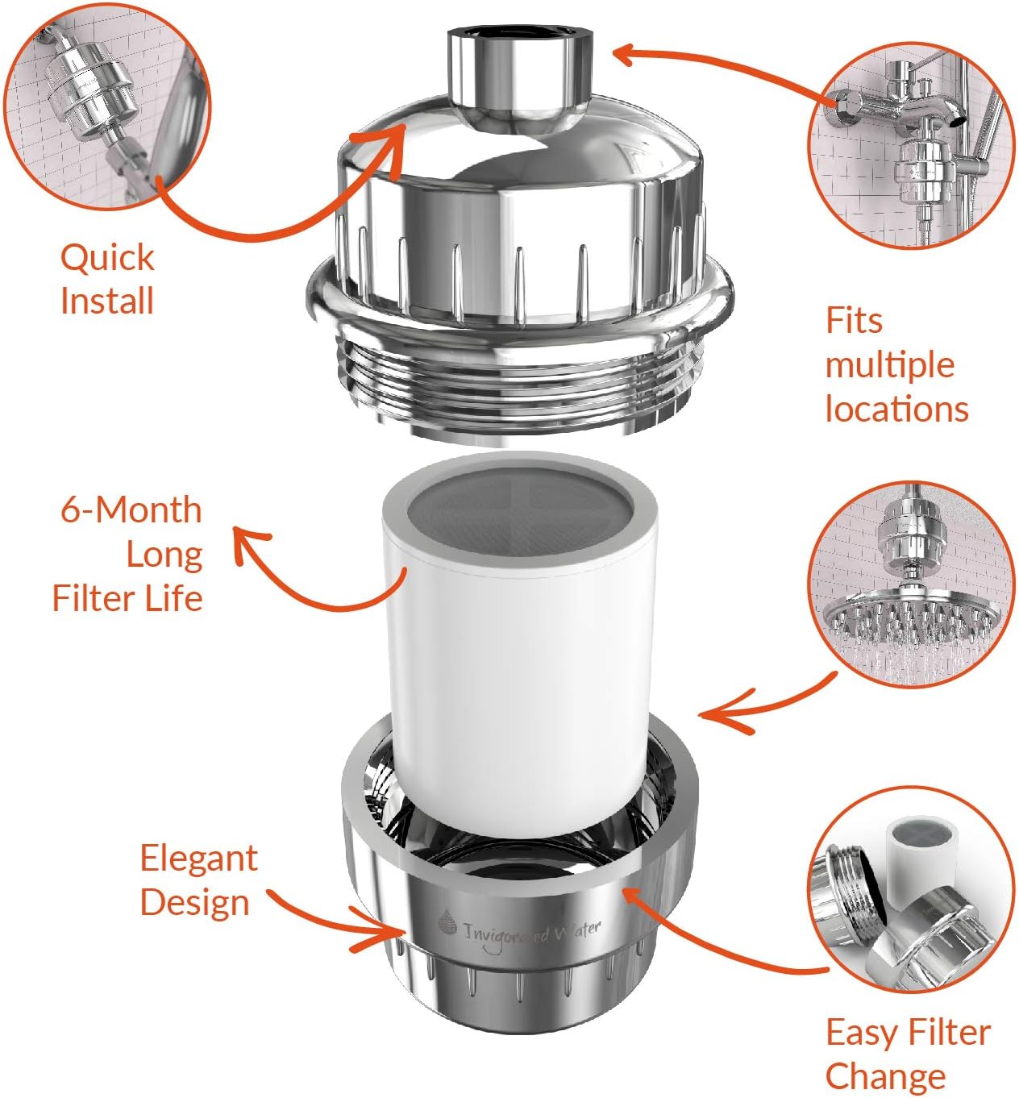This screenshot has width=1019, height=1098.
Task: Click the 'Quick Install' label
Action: (x=106, y=279)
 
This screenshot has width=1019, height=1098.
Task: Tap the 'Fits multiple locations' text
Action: (x=895, y=364)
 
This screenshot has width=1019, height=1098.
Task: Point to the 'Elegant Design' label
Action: (x=197, y=880)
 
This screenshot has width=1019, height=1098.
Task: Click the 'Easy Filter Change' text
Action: (x=907, y=1054)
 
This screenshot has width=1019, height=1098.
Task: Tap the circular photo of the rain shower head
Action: (x=911, y=584)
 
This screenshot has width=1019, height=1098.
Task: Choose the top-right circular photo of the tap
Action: (x=911, y=145)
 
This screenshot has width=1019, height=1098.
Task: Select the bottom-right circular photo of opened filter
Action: (x=911, y=903)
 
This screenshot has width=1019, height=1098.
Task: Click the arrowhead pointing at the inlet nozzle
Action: (x=625, y=54)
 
